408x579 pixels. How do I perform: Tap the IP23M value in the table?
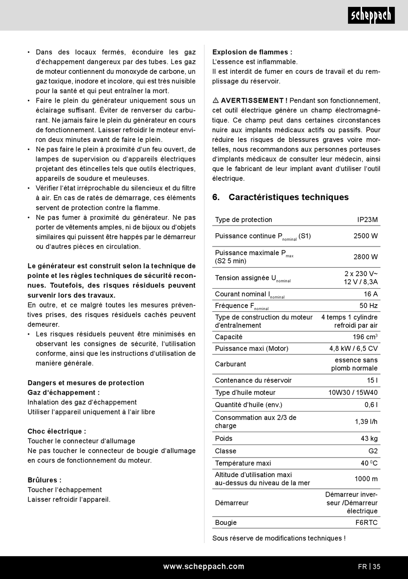tap(367, 219)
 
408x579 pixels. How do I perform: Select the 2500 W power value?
tap(365, 236)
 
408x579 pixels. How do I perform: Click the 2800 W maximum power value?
tap(365, 257)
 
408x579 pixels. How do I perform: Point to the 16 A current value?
tap(371, 294)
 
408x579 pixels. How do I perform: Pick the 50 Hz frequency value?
tap(368, 306)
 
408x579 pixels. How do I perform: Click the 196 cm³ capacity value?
tap(365, 337)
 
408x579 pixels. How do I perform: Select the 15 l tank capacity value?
tap(372, 381)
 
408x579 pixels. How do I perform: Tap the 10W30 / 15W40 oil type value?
tap(353, 393)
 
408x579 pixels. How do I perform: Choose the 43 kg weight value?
tap(369, 439)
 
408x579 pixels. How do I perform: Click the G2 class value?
tap(373, 451)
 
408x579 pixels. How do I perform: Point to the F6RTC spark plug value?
tap(366, 523)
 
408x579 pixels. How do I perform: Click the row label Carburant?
tap(231, 364)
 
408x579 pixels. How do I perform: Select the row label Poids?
tap(224, 439)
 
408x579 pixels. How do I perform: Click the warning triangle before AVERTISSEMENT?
tap(216, 101)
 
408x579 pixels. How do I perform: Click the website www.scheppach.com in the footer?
tap(204, 567)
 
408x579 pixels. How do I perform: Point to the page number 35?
tap(376, 567)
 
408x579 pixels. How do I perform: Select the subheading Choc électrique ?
tap(57, 431)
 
